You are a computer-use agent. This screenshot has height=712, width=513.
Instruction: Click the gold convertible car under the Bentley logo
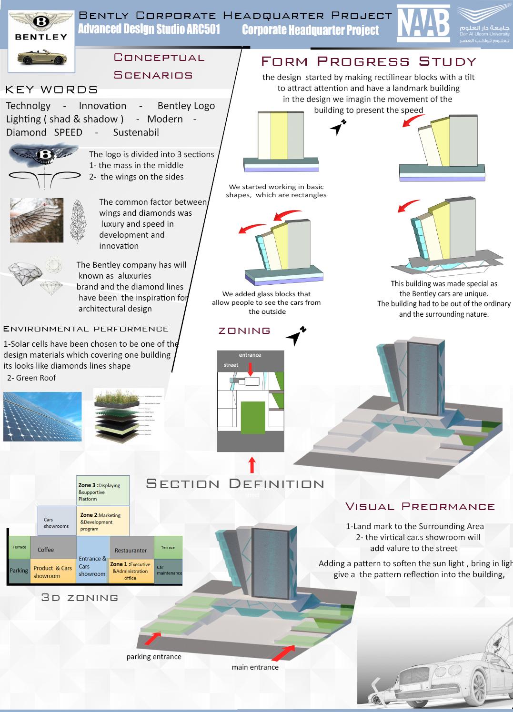click(41, 59)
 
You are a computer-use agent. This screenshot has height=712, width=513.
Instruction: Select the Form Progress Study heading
click(368, 61)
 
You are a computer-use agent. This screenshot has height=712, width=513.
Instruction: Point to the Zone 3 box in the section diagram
click(103, 491)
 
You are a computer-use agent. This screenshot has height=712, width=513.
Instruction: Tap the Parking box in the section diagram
click(19, 571)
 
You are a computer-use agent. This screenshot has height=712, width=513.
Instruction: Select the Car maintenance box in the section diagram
click(169, 570)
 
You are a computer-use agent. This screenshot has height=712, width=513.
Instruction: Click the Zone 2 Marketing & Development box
click(102, 521)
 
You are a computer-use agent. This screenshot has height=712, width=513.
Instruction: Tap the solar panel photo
click(42, 416)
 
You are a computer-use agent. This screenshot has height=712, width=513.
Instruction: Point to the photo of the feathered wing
click(37, 220)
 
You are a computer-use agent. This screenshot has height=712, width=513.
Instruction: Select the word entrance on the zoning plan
click(250, 355)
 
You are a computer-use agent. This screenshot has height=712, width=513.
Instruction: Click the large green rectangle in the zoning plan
click(252, 417)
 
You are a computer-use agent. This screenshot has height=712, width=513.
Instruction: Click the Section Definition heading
click(235, 484)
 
